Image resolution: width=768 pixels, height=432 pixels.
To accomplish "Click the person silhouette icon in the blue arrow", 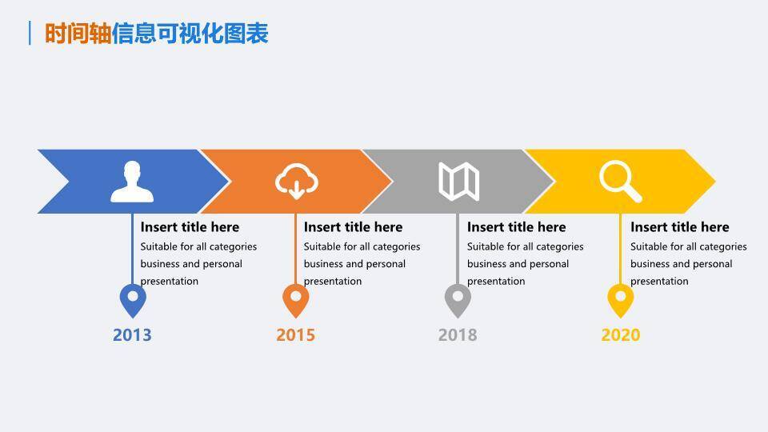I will (x=132, y=182).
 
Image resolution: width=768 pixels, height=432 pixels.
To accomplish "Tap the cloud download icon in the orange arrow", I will (x=296, y=182).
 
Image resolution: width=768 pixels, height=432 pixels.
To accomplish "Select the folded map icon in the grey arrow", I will (x=459, y=182).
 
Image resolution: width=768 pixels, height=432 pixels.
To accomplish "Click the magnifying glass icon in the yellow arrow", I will (x=621, y=182).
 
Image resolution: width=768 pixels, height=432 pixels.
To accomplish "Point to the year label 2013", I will (x=132, y=335).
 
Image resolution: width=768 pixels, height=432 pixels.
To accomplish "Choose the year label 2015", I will (x=295, y=335).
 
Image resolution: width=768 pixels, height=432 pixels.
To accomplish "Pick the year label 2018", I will (x=458, y=335).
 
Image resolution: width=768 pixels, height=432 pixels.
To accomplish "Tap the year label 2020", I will (x=621, y=335).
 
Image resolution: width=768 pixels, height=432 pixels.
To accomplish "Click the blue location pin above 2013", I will (x=133, y=299).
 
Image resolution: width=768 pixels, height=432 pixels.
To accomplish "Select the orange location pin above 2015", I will (x=296, y=299).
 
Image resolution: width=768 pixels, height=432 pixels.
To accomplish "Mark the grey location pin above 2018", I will (x=458, y=299).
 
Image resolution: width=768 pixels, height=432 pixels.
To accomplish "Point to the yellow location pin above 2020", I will (x=621, y=299).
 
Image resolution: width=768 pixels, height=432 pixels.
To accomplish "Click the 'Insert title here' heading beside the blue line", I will (x=190, y=227).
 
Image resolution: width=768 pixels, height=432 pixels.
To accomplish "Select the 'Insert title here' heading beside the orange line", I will (x=353, y=227).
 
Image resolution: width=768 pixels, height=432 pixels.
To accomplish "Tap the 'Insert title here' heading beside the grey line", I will (x=516, y=227).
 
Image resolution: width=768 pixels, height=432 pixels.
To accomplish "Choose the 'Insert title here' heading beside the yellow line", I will (x=679, y=227).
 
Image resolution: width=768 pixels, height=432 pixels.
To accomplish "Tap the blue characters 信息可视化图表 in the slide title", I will (x=190, y=34).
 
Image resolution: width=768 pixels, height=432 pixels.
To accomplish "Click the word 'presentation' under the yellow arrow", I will (x=659, y=282).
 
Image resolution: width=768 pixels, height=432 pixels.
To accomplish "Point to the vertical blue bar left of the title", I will (x=30, y=33).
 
